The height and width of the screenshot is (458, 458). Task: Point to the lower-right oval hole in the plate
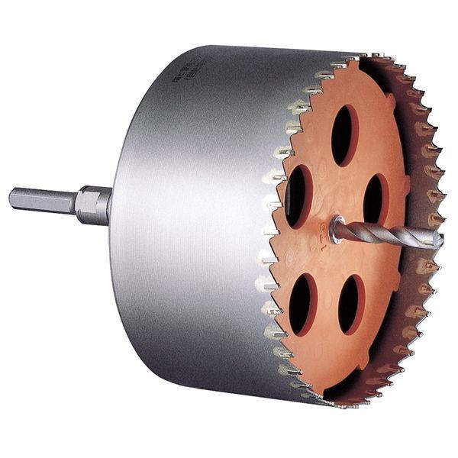(x=352, y=303)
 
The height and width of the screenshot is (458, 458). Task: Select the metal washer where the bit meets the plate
(x=337, y=228)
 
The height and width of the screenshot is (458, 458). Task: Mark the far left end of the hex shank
(x=12, y=198)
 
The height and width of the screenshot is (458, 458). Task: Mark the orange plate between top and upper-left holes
(x=317, y=160)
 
